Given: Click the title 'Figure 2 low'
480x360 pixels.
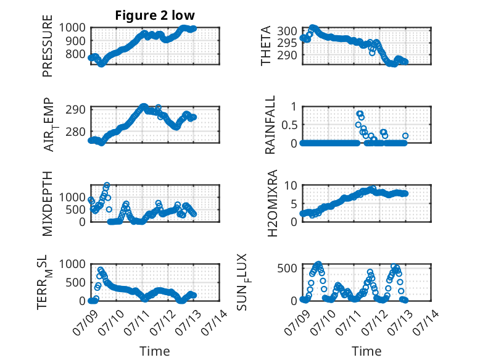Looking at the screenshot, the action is point(155,15).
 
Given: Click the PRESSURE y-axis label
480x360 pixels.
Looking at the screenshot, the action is point(48,46).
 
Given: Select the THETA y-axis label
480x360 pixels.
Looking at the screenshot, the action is point(266,46).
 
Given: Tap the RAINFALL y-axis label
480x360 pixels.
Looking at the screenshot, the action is point(270,125).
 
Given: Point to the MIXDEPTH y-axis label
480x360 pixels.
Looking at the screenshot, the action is point(48,203).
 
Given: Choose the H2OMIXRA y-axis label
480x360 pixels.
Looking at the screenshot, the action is point(272,203).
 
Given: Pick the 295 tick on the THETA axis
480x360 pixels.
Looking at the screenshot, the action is point(287,43).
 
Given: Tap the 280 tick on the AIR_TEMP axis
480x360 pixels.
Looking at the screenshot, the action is point(75,132).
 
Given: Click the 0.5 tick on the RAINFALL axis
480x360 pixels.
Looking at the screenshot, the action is point(289,125).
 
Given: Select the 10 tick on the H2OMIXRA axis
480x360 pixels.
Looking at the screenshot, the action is point(291,185).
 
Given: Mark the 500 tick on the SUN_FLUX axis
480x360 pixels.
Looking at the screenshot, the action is point(287,268).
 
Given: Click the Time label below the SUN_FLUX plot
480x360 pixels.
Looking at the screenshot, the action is point(366,351).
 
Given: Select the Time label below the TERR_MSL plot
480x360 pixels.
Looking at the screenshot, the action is point(155,351).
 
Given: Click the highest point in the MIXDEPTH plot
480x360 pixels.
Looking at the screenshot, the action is point(107,185).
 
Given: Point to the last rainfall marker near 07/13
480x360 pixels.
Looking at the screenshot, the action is point(405,136).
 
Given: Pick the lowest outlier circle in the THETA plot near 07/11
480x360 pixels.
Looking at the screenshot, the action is point(372,53).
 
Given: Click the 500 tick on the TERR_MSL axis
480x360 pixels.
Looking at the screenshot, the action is point(75,282).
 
